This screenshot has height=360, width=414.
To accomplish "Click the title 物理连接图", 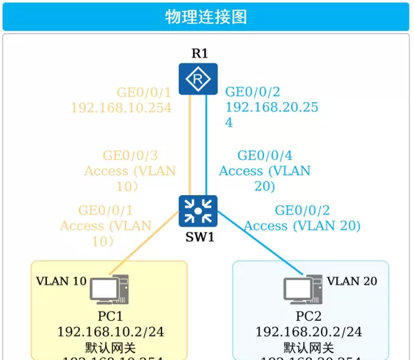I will click(x=206, y=17).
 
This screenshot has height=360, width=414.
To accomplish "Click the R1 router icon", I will click(x=198, y=79).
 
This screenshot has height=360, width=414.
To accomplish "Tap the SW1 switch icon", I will click(x=198, y=211).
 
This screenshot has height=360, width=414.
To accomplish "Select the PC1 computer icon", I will click(x=109, y=290).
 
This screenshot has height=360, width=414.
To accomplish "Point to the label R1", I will click(x=199, y=53).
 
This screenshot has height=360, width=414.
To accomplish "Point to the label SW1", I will click(x=199, y=237).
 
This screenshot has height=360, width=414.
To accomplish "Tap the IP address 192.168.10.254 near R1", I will click(x=121, y=108).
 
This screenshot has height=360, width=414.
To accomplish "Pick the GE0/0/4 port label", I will click(x=264, y=155).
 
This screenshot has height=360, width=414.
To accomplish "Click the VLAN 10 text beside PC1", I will click(x=61, y=281).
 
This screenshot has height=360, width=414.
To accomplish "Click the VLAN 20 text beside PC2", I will click(x=352, y=281).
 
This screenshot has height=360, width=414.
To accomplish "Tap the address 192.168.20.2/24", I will click(x=308, y=332).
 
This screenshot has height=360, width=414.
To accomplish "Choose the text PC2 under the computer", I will click(x=308, y=317).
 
